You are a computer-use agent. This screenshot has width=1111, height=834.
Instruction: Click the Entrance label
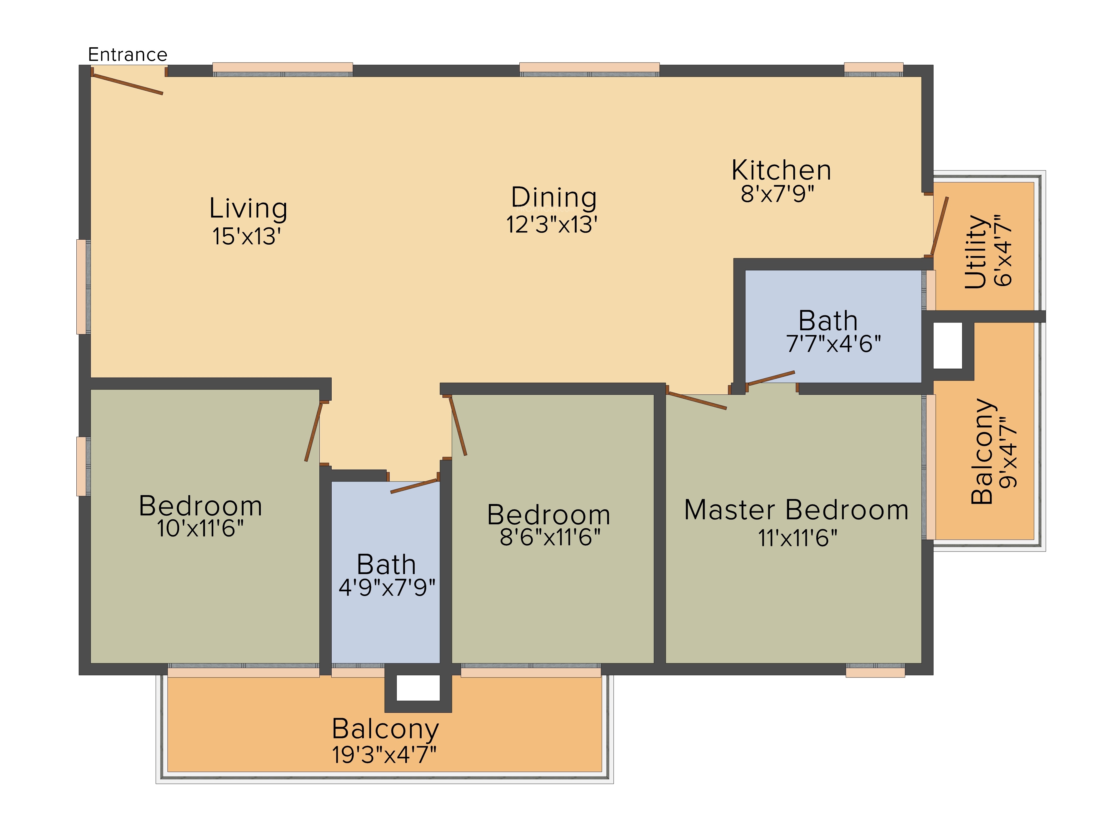(x=127, y=54)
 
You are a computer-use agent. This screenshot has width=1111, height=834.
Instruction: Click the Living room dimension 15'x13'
(x=246, y=236)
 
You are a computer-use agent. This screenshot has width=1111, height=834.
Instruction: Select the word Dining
(x=554, y=198)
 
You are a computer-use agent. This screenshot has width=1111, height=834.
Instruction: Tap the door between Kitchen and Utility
(x=939, y=226)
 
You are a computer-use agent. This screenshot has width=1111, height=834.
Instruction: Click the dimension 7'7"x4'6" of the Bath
(x=833, y=344)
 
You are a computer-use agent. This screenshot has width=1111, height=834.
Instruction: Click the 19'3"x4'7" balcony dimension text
(x=384, y=754)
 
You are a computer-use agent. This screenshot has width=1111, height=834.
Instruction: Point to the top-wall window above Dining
(x=589, y=69)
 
